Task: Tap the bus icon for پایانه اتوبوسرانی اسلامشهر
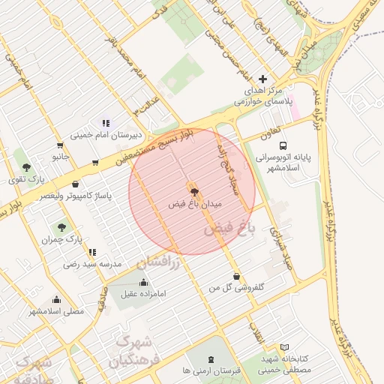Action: [283, 145]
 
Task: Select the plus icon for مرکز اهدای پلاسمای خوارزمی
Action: [262, 79]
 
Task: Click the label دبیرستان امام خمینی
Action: [101, 136]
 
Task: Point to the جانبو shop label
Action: [60, 157]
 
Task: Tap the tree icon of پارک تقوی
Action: [27, 167]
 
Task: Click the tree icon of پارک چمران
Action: [61, 226]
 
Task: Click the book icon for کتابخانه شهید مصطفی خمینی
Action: [284, 347]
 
